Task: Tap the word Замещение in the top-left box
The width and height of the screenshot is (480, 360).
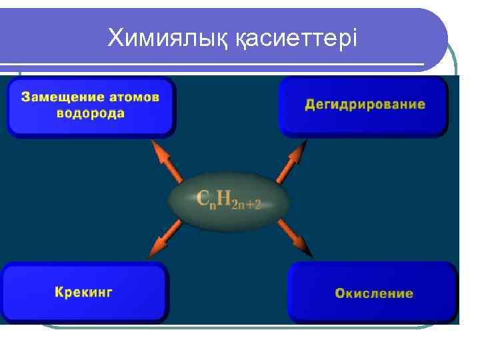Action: tap(57, 97)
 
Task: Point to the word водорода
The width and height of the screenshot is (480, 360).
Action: tap(91, 113)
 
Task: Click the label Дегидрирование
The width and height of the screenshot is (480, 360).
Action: tap(365, 105)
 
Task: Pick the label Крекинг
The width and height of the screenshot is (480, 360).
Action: tap(83, 292)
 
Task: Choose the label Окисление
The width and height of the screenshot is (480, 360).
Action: tap(373, 293)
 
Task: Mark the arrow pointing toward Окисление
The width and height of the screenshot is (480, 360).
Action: tap(294, 237)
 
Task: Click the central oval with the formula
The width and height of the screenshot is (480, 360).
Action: tap(228, 199)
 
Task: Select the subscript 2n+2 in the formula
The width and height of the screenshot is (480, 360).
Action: tap(246, 205)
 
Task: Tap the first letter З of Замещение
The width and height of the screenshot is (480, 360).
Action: tap(26, 97)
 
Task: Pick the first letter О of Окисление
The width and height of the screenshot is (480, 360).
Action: tap(339, 293)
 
